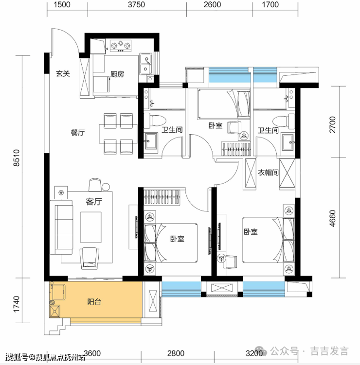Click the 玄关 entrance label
(x=63, y=74)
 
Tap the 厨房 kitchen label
(x=117, y=74)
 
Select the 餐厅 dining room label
(x=77, y=133)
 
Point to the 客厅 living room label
(x=94, y=202)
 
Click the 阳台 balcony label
(x=94, y=302)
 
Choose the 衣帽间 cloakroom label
(x=268, y=173)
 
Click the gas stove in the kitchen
(x=121, y=45)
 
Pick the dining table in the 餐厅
(x=118, y=134)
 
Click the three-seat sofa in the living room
(x=61, y=227)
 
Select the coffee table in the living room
(x=91, y=227)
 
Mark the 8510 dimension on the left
(x=17, y=158)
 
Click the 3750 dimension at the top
(x=136, y=5)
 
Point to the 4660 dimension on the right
(x=332, y=218)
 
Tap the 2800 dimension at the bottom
(x=176, y=353)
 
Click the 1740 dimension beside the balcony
(x=17, y=304)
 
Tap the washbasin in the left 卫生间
(x=150, y=141)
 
